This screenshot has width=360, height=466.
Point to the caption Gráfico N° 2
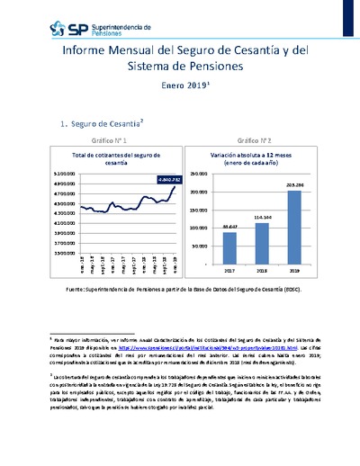click(x=255, y=141)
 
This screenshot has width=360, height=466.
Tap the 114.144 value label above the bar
click(x=262, y=217)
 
